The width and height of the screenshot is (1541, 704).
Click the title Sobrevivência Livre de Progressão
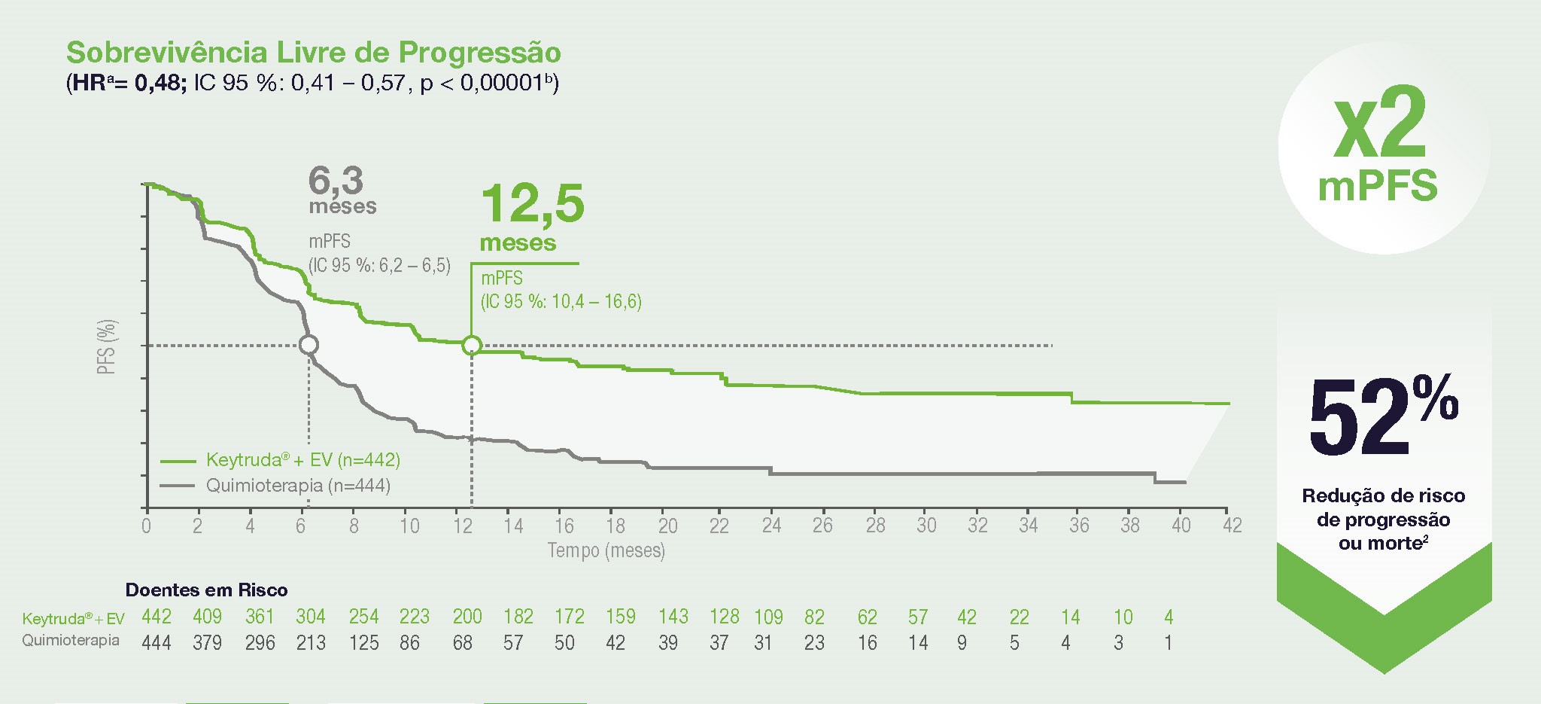pyautogui.click(x=313, y=53)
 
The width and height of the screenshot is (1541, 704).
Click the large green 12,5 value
pyautogui.click(x=532, y=204)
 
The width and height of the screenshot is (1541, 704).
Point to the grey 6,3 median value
pyautogui.click(x=336, y=181)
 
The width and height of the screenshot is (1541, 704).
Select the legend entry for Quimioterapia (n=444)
pyautogui.click(x=298, y=486)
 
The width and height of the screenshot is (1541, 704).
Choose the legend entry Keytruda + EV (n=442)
pyautogui.click(x=302, y=460)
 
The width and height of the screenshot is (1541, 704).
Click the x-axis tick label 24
pyautogui.click(x=771, y=526)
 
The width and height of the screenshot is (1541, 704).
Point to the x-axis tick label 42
pyautogui.click(x=1232, y=526)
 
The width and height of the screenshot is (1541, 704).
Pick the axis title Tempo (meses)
pyautogui.click(x=606, y=550)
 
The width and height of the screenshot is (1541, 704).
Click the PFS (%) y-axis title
pyautogui.click(x=107, y=346)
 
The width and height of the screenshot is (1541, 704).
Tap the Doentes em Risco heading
pyautogui.click(x=206, y=590)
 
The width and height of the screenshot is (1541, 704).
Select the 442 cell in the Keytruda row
pyautogui.click(x=157, y=617)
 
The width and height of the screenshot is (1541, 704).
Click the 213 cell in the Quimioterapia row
pyautogui.click(x=311, y=643)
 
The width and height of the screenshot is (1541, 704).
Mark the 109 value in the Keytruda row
pyautogui.click(x=768, y=617)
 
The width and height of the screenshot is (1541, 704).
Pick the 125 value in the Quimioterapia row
pyautogui.click(x=363, y=643)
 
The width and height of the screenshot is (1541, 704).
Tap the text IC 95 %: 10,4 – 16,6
pyautogui.click(x=561, y=302)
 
